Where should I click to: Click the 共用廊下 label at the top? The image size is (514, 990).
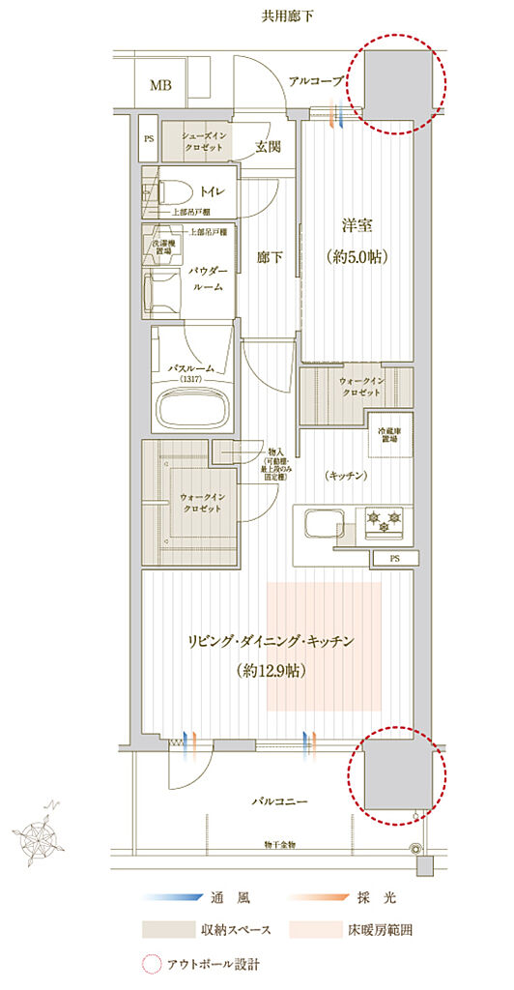pyautogui.click(x=288, y=15)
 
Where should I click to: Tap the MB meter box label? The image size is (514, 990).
pyautogui.click(x=160, y=85)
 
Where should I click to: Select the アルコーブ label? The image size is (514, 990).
pyautogui.click(x=316, y=82)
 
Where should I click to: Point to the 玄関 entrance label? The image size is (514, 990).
pyautogui.click(x=268, y=147)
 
